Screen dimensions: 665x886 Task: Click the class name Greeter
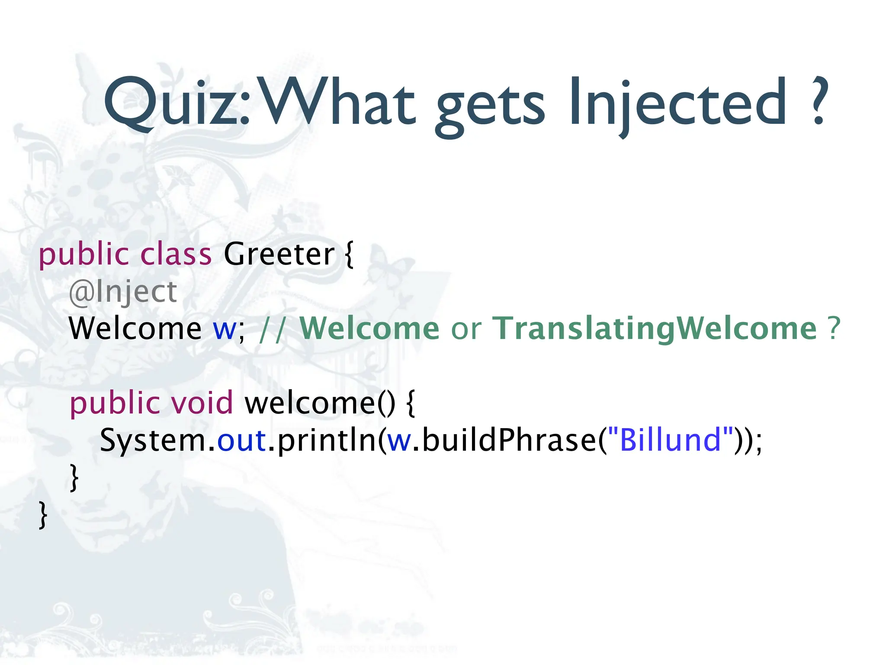tap(279, 254)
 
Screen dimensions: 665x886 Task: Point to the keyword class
tap(176, 254)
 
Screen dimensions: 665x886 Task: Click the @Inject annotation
tap(123, 292)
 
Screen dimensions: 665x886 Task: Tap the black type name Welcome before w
tap(135, 329)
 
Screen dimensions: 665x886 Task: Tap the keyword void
tap(202, 403)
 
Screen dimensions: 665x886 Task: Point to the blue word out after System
tap(241, 440)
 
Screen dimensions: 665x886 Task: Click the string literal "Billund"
tap(671, 439)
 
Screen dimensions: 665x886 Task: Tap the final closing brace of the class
tap(42, 515)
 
